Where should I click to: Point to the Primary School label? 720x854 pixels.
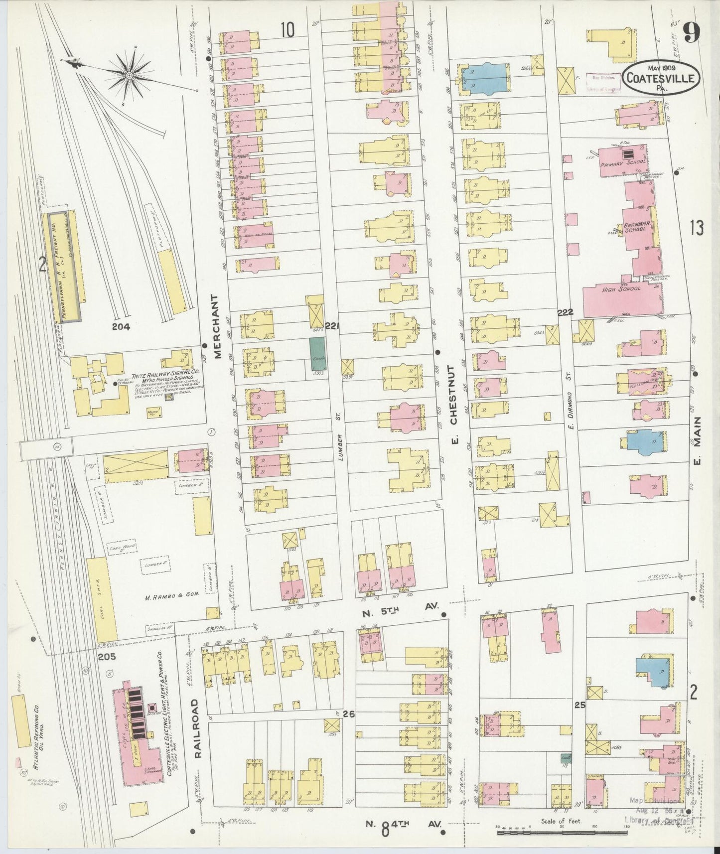click(623, 162)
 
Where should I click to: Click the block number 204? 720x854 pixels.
click(121, 327)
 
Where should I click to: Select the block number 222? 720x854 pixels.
click(565, 312)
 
